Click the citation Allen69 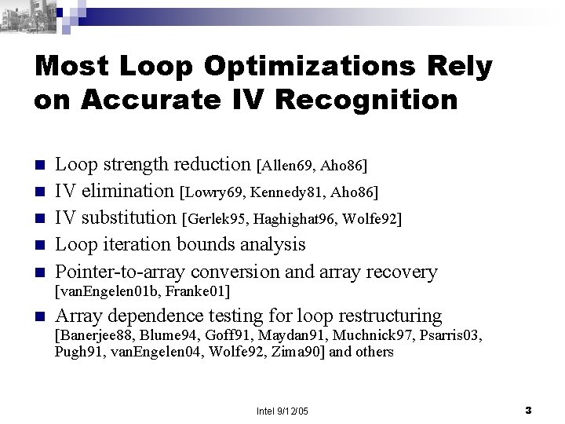(289, 166)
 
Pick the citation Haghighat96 (298, 219)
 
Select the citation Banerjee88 (97, 336)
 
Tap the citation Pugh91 (76, 352)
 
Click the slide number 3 (528, 411)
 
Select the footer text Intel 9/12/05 (282, 411)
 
